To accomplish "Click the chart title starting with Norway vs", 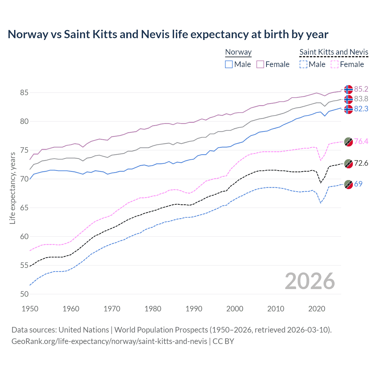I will pos(168,34).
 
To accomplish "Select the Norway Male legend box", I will pos(229,64).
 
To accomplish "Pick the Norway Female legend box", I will pos(260,64).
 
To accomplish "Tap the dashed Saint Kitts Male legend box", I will pos(303,64).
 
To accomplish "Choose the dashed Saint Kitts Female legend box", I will pos(335,64).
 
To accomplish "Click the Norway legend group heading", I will pos(238,52).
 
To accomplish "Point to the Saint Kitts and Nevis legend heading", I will pos(334,52).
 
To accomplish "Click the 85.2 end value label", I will pos(361,89).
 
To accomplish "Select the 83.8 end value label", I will pos(361,99).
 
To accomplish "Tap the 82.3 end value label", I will pos(361,109).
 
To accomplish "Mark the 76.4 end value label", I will pos(361,141).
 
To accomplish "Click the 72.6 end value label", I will pos(361,163).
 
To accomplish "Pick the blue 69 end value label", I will pos(358,184).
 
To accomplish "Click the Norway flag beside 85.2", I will pos(348,89).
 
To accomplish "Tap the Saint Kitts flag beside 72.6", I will pos(348,163).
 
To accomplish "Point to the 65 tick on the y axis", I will pos(24,208).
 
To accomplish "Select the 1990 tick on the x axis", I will pos(194,309).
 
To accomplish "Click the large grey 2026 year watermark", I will pos(310,281).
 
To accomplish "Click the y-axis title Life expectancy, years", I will pos(12,188).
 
